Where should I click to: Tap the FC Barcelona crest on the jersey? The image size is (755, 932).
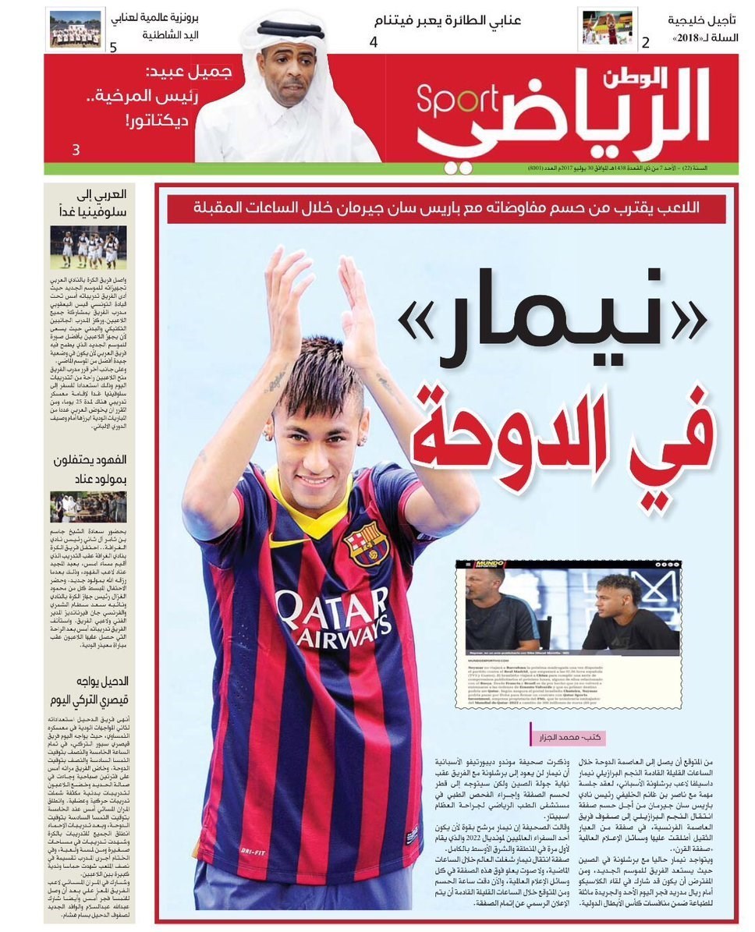click(x=365, y=544)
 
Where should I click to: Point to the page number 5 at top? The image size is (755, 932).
click(x=114, y=47)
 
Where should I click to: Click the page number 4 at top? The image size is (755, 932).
click(x=373, y=43)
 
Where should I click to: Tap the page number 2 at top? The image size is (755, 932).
click(x=644, y=44)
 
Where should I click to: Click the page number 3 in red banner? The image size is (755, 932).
click(x=76, y=150)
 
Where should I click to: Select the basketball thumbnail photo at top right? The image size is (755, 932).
click(x=608, y=28)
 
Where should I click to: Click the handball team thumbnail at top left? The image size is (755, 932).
click(x=75, y=28)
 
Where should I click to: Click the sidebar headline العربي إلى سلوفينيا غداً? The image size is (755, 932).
click(x=92, y=203)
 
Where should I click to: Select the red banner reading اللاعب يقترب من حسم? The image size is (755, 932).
click(x=446, y=208)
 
